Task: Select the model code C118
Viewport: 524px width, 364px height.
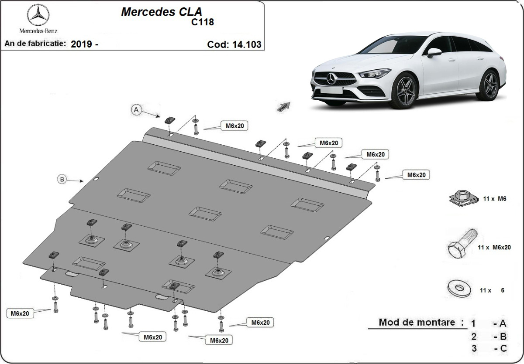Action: coord(202,22)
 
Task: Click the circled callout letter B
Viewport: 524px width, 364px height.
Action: coord(62,179)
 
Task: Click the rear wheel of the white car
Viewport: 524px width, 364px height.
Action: coord(488,84)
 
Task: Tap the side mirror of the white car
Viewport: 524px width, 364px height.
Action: coord(434,52)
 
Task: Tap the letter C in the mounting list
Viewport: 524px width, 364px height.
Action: coord(503,348)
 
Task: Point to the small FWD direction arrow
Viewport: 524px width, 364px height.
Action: coord(283,107)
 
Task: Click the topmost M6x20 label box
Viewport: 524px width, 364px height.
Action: coord(234,126)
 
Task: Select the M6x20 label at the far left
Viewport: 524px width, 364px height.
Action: coord(21,313)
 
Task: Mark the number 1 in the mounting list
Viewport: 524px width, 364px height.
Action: coord(473,323)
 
